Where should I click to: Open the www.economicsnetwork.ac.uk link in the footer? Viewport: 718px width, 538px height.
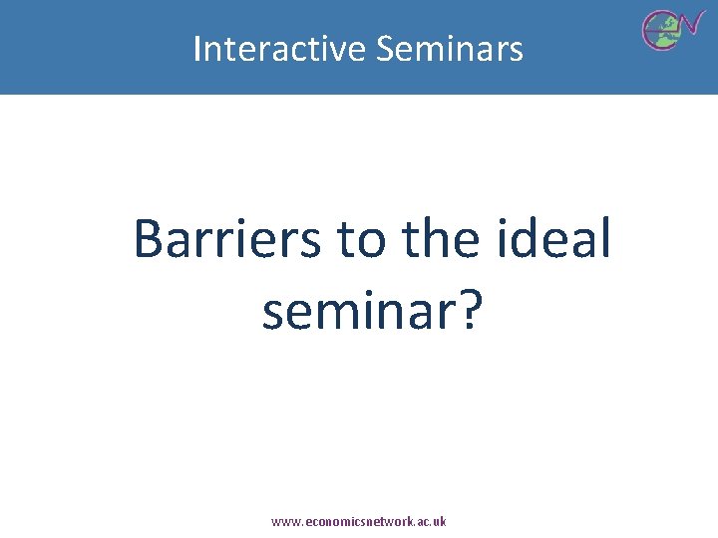[x=359, y=521]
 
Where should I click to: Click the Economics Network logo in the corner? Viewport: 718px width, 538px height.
[x=673, y=28]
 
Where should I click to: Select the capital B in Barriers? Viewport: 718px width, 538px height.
[x=149, y=240]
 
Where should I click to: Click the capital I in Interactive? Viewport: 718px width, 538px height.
[x=196, y=48]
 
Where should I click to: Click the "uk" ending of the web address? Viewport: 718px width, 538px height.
[x=440, y=521]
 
